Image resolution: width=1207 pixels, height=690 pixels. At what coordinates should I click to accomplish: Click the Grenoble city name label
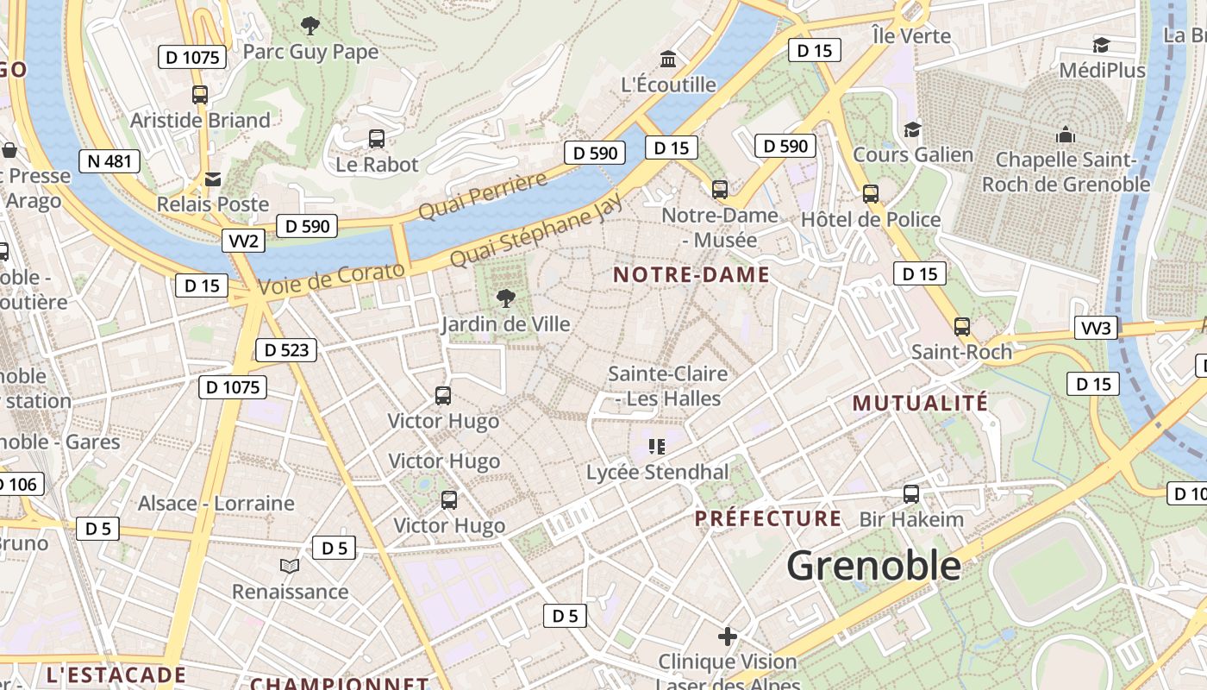(x=873, y=566)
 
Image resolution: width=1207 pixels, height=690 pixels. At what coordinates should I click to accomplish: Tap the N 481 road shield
(x=109, y=161)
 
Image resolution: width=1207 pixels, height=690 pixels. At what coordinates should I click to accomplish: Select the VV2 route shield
(x=243, y=241)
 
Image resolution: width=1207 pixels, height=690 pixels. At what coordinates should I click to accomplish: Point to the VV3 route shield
(x=1097, y=328)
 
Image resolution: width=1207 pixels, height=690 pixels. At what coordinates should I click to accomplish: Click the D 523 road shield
(x=286, y=350)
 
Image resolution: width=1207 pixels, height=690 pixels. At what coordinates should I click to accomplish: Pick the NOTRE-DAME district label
(x=691, y=275)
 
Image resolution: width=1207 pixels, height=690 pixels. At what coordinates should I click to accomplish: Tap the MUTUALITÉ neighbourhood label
(x=920, y=403)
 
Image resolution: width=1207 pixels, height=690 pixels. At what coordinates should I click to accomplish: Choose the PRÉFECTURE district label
(x=768, y=518)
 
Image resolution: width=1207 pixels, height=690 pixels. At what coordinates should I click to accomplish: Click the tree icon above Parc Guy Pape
(x=310, y=26)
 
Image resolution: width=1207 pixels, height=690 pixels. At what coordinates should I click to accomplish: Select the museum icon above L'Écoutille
(x=668, y=60)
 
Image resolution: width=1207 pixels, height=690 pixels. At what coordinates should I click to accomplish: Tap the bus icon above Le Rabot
(x=377, y=138)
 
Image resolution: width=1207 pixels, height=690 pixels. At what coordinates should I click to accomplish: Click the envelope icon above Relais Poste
(x=213, y=179)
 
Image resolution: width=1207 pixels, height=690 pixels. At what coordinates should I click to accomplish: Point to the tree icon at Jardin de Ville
(x=506, y=298)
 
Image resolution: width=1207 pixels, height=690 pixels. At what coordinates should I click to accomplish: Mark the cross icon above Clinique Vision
(x=728, y=637)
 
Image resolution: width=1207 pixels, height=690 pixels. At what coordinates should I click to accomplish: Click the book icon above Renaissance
(x=290, y=566)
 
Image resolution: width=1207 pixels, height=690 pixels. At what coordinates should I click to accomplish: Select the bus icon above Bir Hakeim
(x=911, y=494)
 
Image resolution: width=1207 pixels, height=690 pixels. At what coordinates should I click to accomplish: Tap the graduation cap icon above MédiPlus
(x=1101, y=45)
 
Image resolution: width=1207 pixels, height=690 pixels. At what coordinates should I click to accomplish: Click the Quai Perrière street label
(x=483, y=196)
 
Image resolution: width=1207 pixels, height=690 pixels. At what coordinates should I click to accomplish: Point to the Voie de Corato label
(x=331, y=279)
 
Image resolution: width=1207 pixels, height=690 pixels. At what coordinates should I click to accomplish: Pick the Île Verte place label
(x=911, y=36)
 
